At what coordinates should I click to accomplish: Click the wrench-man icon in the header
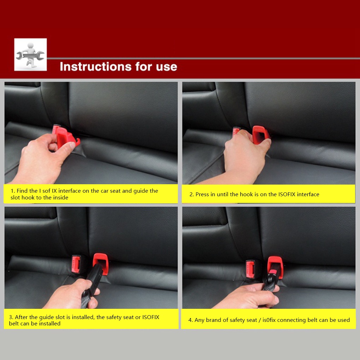(x=30, y=54)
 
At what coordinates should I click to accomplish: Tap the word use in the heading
(x=165, y=66)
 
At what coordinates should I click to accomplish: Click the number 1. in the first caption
(x=12, y=191)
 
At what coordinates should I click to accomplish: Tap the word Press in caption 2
(x=203, y=194)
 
